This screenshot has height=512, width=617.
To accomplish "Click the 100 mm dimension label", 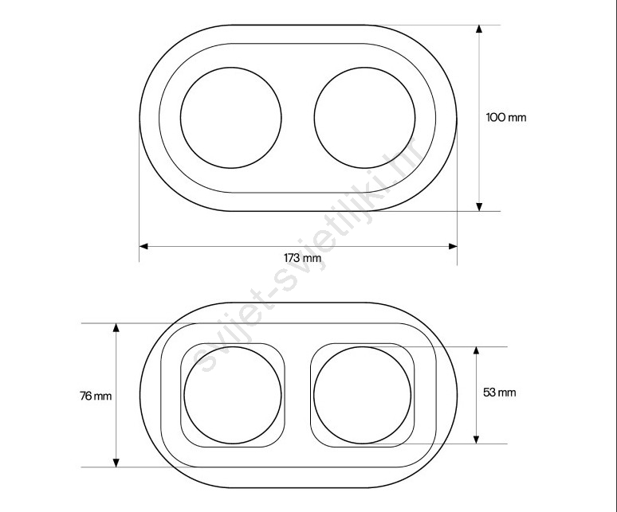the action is [506, 118].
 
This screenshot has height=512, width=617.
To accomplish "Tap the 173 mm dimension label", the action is [303, 258].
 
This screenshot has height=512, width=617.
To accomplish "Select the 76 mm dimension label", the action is [96, 396].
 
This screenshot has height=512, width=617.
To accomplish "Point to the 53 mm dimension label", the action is [499, 392].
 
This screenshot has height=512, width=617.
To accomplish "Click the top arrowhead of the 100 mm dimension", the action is [479, 29].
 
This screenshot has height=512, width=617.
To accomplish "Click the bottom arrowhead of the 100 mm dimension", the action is [479, 207].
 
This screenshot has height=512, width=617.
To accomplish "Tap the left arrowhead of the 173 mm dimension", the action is [143, 246].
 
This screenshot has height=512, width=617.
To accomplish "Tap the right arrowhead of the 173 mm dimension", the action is [453, 246].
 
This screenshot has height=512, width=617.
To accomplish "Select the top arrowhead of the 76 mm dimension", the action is [116, 328].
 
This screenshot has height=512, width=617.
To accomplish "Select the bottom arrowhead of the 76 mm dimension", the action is [116, 463].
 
